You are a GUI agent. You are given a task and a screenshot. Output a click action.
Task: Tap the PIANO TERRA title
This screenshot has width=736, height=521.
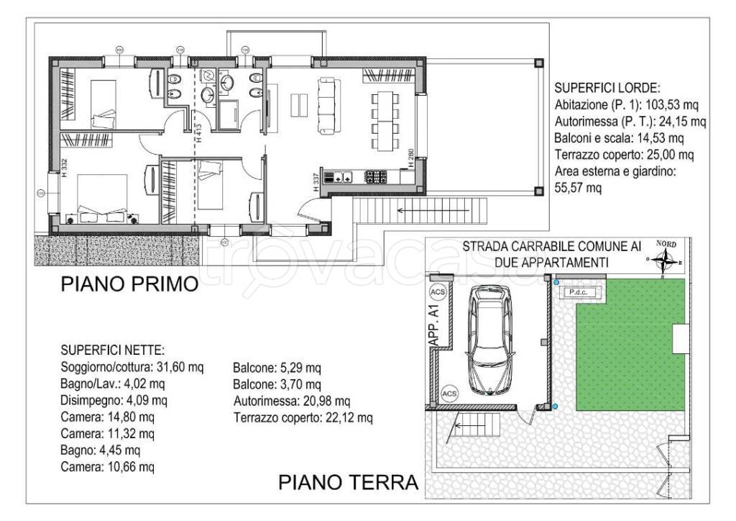348,481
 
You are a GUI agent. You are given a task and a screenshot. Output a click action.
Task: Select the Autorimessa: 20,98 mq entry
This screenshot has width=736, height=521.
292,401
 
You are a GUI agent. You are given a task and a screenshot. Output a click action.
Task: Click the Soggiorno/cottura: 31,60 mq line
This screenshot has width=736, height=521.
133,367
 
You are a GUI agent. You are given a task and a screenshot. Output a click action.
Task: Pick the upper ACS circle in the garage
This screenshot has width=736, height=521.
436,293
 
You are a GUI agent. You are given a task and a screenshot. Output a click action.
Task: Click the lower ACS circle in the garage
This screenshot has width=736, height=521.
448,394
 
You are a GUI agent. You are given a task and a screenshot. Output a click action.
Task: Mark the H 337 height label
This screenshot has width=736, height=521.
316,183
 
